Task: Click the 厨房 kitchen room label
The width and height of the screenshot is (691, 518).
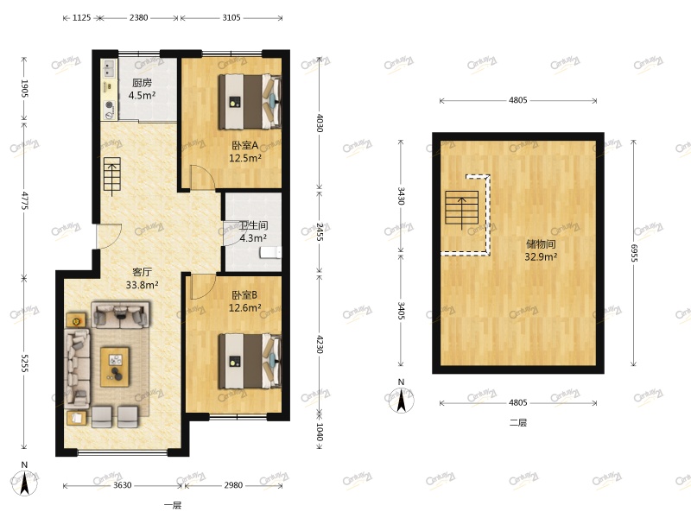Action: coord(142,84)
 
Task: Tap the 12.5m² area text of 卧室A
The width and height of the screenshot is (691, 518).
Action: coord(245,158)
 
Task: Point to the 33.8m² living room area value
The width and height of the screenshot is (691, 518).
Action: coord(142,285)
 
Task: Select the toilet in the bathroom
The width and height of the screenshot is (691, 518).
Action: coord(275,251)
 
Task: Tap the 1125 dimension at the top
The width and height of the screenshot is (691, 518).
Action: coord(81,17)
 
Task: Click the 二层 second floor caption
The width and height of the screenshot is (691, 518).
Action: coord(517,423)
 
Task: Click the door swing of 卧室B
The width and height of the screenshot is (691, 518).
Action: coord(199,286)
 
